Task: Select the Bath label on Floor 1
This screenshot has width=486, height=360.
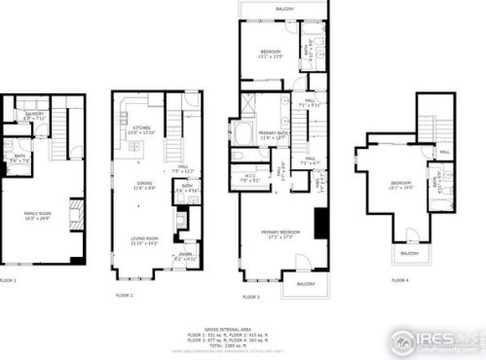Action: click(x=19, y=157)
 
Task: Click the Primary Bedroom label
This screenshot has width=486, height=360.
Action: click(x=277, y=234)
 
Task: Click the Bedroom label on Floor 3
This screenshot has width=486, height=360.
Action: click(x=269, y=54)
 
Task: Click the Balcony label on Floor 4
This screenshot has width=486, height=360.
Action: click(x=406, y=255)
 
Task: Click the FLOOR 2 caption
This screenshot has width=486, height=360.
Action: click(x=125, y=295)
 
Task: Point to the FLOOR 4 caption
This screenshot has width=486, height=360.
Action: click(x=399, y=280)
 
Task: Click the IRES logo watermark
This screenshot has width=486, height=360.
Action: click(x=434, y=340)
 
